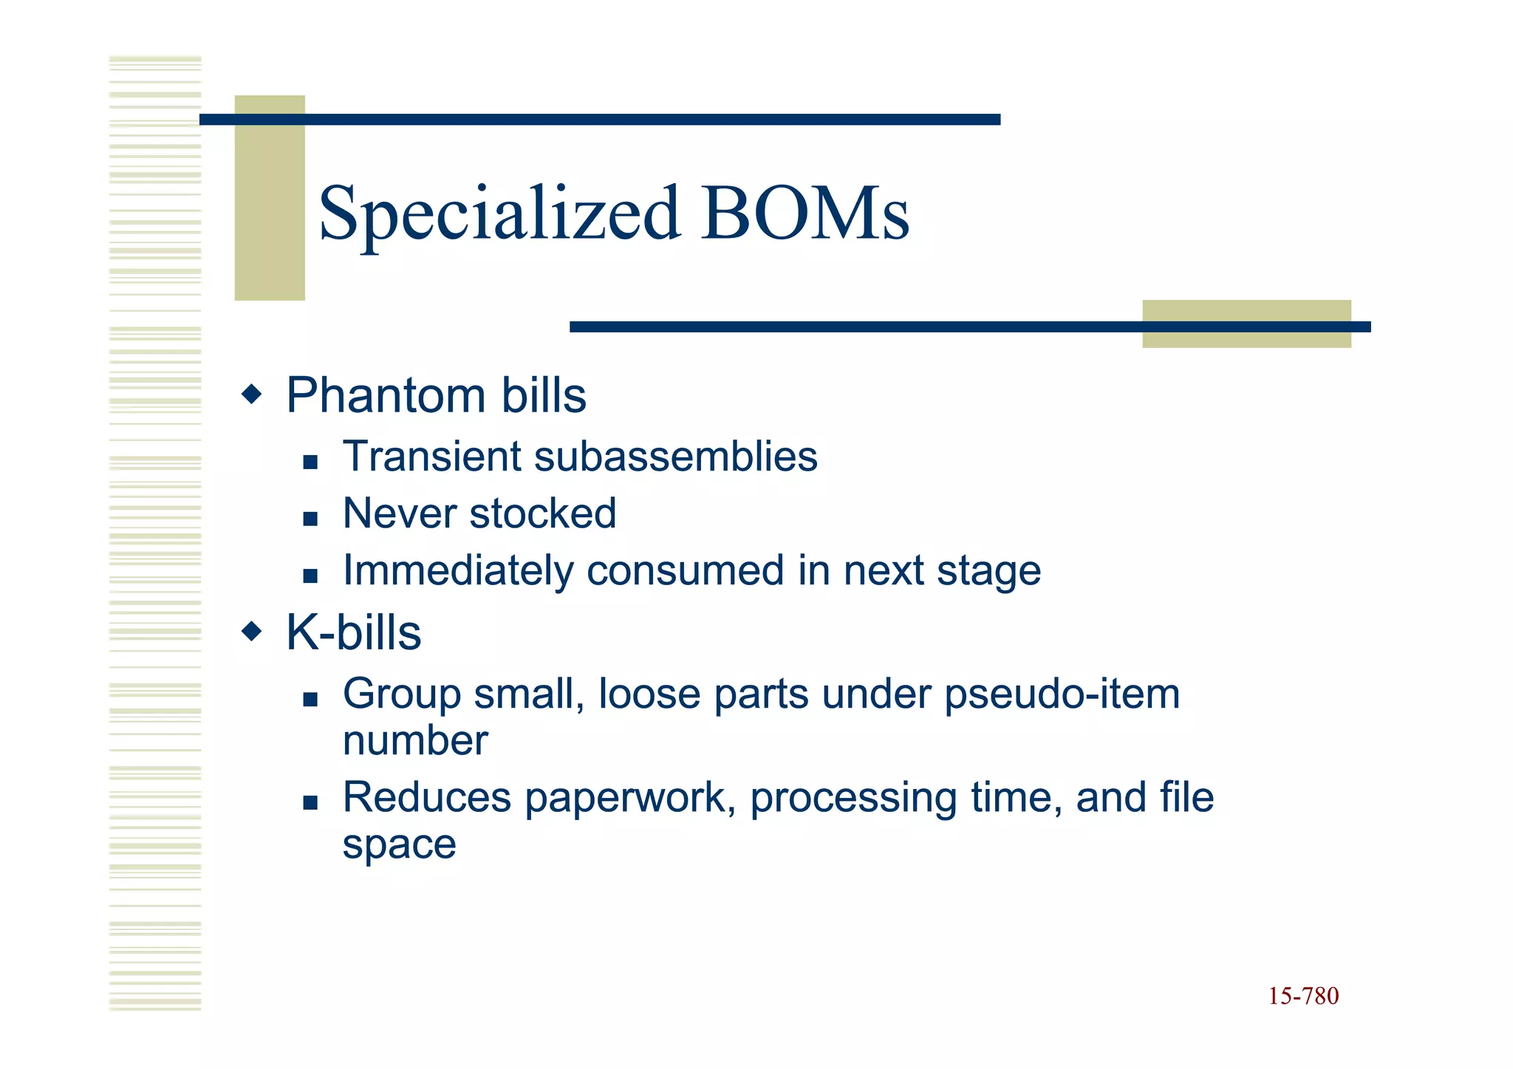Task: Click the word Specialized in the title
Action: [499, 214]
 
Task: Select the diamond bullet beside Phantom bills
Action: [252, 394]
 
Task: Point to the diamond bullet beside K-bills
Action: [252, 631]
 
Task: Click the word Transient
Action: [432, 457]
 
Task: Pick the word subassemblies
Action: [675, 457]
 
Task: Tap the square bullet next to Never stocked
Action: [310, 519]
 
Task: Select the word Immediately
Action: [458, 571]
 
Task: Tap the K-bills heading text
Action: [353, 633]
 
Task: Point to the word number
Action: [415, 741]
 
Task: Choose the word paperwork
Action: [630, 799]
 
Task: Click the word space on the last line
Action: [399, 845]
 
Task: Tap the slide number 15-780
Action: [1303, 997]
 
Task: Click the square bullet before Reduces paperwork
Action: [310, 803]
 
